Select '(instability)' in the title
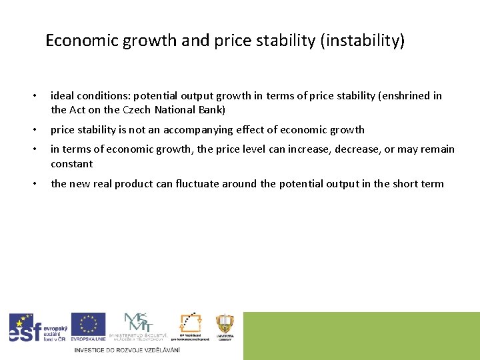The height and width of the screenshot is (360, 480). coord(363,41)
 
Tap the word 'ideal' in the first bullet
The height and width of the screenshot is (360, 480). coord(63,96)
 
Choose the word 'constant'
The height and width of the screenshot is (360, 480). coord(72,164)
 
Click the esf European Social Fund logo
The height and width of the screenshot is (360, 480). coord(37,328)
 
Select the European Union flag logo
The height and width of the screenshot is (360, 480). coord(88,327)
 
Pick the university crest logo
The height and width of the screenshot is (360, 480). coord(225,326)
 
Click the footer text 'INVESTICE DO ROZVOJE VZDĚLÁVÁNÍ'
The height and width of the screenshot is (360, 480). coord(127,350)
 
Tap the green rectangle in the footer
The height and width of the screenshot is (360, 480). coord(361,335)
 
